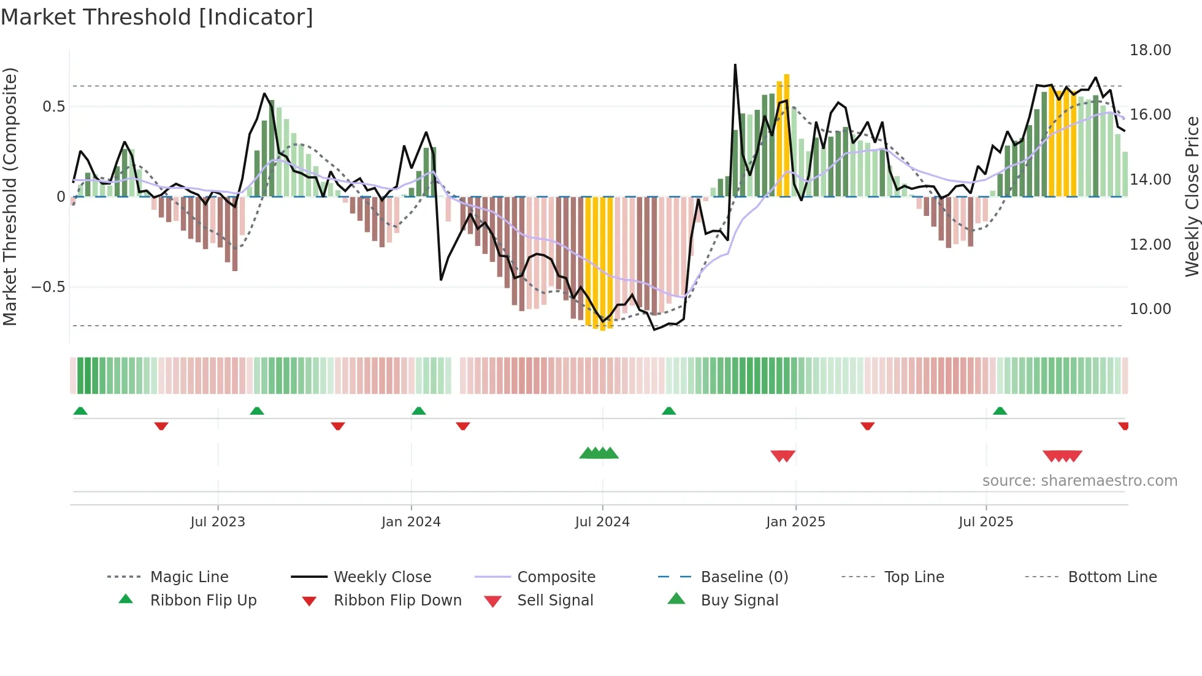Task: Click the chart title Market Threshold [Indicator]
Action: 157,17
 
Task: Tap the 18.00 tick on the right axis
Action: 1150,50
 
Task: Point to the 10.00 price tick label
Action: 1150,309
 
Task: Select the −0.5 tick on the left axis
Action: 48,287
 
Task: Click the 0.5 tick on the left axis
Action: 53,107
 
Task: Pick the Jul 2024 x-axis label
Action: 602,522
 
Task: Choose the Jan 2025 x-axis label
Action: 795,522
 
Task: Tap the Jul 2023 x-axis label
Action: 218,522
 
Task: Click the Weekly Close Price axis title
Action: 1191,196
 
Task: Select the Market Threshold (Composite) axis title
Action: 10,196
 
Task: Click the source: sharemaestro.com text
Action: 1079,481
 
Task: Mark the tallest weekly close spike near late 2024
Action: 735,66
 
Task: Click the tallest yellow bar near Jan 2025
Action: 787,135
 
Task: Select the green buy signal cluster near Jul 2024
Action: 599,453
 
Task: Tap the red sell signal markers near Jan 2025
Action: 783,456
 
